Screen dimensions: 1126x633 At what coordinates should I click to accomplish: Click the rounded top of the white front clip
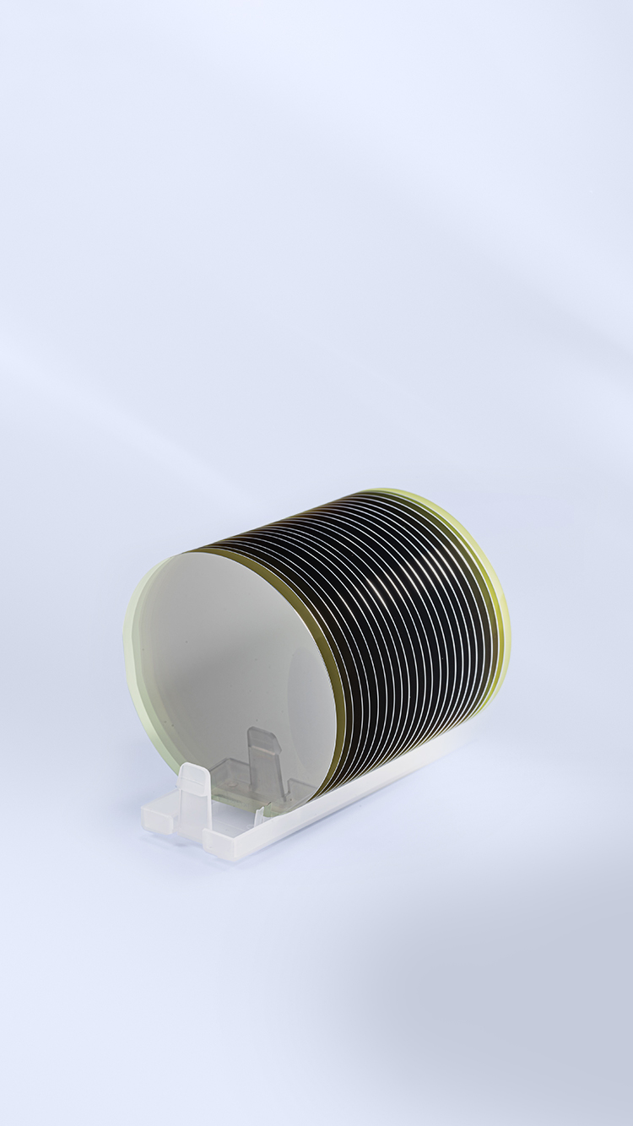(x=193, y=769)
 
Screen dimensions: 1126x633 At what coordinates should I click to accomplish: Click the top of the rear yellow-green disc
(x=384, y=491)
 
